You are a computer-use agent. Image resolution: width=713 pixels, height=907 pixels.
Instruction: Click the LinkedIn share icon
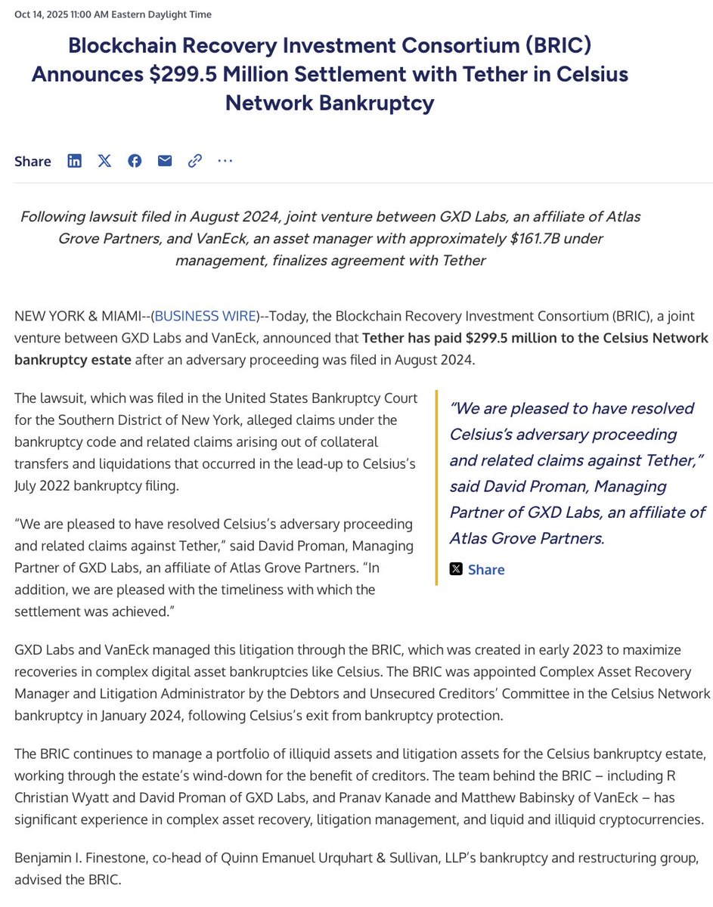pyautogui.click(x=74, y=160)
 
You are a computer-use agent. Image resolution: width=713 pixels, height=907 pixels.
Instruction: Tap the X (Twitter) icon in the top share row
pyautogui.click(x=104, y=160)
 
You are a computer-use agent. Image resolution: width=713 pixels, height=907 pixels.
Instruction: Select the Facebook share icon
pyautogui.click(x=135, y=160)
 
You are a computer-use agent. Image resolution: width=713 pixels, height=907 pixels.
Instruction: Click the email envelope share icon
pyautogui.click(x=165, y=160)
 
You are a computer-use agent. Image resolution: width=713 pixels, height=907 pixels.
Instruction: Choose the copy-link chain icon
pyautogui.click(x=195, y=160)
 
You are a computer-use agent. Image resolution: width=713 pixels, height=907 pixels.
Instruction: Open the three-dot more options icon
pyautogui.click(x=225, y=160)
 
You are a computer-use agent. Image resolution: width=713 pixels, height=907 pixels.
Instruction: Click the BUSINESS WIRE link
pyautogui.click(x=205, y=317)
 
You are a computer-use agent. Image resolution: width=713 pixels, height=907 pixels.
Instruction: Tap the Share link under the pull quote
pyautogui.click(x=485, y=569)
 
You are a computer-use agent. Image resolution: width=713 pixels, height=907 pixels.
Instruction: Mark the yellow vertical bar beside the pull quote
pyautogui.click(x=437, y=488)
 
